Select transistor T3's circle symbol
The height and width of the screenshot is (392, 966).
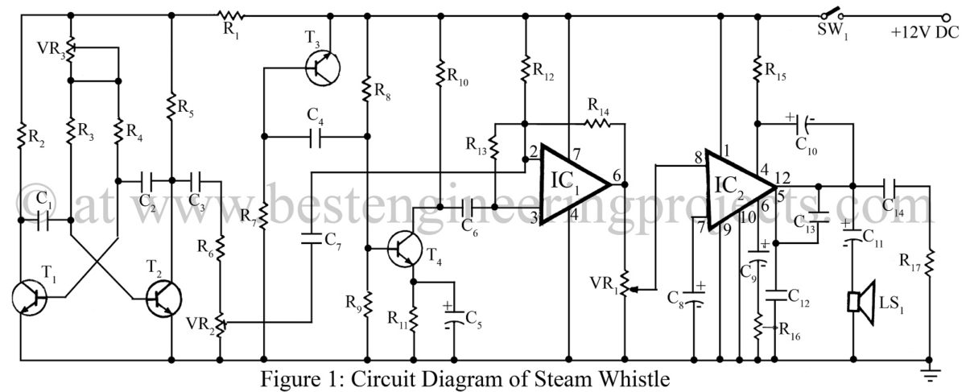tap(323, 68)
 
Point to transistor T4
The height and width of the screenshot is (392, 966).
tap(404, 250)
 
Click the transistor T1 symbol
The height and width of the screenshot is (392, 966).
tap(29, 298)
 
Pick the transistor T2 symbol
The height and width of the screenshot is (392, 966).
tap(163, 299)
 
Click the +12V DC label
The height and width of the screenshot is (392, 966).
tap(925, 32)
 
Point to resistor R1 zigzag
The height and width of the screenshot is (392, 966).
tap(231, 16)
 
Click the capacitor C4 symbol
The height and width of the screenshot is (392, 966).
tap(316, 137)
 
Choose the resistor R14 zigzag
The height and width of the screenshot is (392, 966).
tap(597, 124)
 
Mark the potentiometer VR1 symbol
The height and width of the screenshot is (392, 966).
tap(625, 284)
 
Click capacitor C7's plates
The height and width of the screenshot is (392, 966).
tap(312, 239)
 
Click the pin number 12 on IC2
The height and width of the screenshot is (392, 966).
tap(782, 178)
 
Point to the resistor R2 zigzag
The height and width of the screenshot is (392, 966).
tap(21, 135)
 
